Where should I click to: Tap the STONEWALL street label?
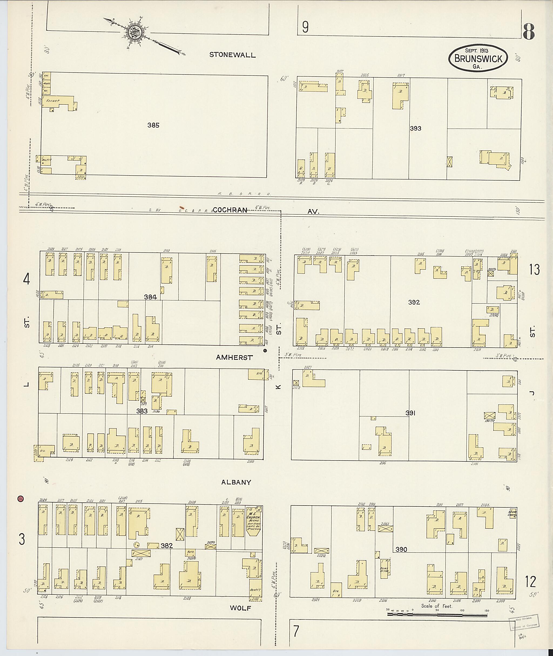pyautogui.click(x=232, y=55)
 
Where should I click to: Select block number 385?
pyautogui.click(x=153, y=125)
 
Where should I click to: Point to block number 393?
pyautogui.click(x=415, y=128)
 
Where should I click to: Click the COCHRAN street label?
pyautogui.click(x=230, y=210)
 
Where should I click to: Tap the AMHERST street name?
pyautogui.click(x=234, y=357)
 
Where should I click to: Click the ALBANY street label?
pyautogui.click(x=236, y=482)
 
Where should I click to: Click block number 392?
pyautogui.click(x=414, y=302)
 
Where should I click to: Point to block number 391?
pyautogui.click(x=410, y=413)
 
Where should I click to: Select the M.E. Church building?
pyautogui.click(x=254, y=521)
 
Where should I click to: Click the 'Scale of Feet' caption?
pyautogui.click(x=437, y=606)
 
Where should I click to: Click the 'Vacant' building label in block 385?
pyautogui.click(x=53, y=101)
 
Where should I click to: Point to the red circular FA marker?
pyautogui.click(x=21, y=498)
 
